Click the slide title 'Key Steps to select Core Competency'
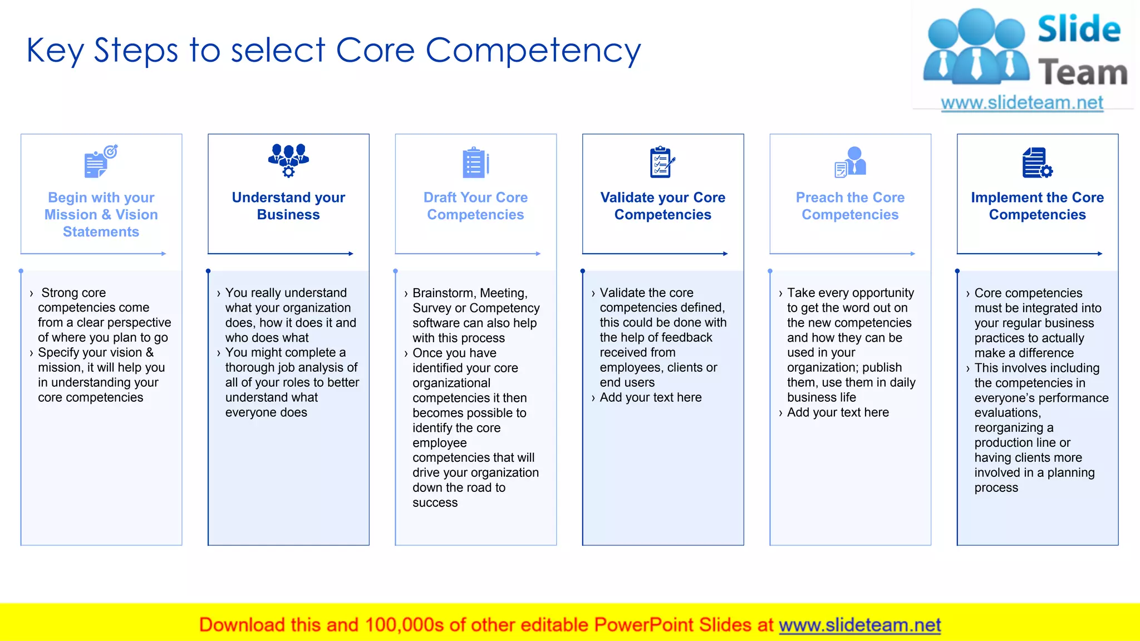pyautogui.click(x=333, y=51)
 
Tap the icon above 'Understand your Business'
pyautogui.click(x=288, y=160)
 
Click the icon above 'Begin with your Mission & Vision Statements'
pyautogui.click(x=101, y=161)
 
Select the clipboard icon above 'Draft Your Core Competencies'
pyautogui.click(x=475, y=162)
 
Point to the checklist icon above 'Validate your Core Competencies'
pyautogui.click(x=662, y=162)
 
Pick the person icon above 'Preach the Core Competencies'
pyautogui.click(x=851, y=162)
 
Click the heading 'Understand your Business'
pyautogui.click(x=288, y=206)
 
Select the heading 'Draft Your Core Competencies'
pyautogui.click(x=475, y=206)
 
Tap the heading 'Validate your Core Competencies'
pyautogui.click(x=662, y=206)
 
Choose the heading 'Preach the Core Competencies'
pyautogui.click(x=850, y=206)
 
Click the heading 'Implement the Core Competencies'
pyautogui.click(x=1037, y=206)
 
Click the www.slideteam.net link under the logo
pyautogui.click(x=1022, y=102)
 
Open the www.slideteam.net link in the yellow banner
pyautogui.click(x=859, y=625)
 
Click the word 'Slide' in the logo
pyautogui.click(x=1079, y=29)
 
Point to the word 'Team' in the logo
pyautogui.click(x=1083, y=73)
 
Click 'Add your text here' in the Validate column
pyautogui.click(x=651, y=397)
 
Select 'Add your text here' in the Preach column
pyautogui.click(x=838, y=412)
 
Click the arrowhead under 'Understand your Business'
pyautogui.click(x=351, y=254)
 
